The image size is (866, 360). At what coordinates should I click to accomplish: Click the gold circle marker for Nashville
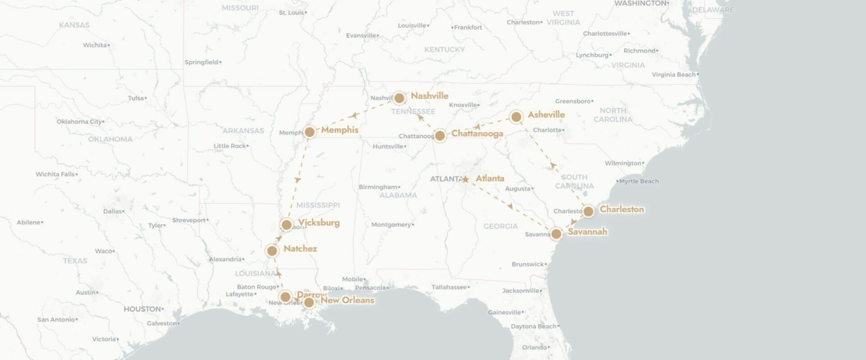coord(399,98)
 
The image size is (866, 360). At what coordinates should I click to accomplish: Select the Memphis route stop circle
coord(309,132)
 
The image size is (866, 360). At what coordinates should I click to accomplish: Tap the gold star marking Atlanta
coord(465,180)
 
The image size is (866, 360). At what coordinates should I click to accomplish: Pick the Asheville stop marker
coord(516,117)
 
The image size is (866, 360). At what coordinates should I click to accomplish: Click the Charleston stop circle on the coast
coord(588,211)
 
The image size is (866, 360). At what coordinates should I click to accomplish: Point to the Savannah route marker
coord(556,234)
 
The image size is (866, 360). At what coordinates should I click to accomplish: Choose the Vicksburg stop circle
coord(286,225)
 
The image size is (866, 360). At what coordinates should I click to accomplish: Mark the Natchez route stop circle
coord(272,251)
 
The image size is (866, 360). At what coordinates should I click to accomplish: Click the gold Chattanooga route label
coord(477,134)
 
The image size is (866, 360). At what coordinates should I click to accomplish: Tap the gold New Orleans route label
coord(347,300)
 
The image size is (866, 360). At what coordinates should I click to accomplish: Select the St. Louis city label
coord(291,13)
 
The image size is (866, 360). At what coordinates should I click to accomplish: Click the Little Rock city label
coord(230,146)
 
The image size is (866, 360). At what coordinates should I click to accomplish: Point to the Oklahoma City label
coord(79,122)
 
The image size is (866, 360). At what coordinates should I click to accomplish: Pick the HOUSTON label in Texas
coord(142,309)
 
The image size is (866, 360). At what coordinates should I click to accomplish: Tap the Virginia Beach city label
coord(673,75)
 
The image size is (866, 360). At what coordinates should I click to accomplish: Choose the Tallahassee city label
coord(449,287)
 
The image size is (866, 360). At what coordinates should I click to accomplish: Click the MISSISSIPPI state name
coord(318,205)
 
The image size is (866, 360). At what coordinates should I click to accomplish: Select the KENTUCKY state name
coord(444,50)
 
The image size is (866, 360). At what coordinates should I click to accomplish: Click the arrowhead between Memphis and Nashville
coord(354,116)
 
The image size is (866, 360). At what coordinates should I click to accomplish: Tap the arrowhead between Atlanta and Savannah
coord(510,206)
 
